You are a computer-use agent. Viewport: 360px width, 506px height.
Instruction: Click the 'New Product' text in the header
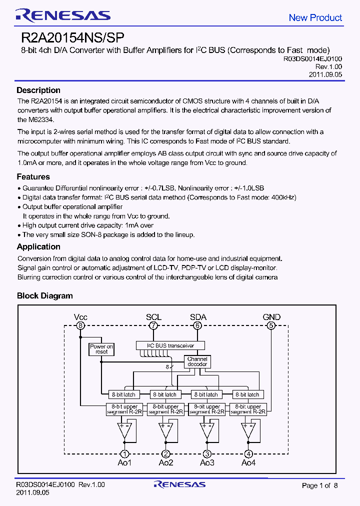click(315, 17)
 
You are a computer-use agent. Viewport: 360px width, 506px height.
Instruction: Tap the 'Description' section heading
click(38, 90)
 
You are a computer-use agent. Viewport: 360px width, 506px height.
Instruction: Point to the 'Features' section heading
click(33, 176)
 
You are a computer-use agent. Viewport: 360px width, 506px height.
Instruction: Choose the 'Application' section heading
click(38, 246)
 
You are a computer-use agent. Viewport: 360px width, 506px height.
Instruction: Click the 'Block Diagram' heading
click(44, 295)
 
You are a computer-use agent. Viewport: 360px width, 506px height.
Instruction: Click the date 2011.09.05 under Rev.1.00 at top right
click(325, 74)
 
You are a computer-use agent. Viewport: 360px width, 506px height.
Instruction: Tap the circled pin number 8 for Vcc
click(80, 325)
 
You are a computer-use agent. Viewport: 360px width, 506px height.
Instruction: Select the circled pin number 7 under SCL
click(153, 325)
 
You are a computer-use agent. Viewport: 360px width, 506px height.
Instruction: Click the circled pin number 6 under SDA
click(198, 325)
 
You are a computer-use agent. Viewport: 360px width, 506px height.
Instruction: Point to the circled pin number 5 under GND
click(271, 325)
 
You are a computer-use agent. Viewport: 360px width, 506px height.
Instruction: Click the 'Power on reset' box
click(101, 349)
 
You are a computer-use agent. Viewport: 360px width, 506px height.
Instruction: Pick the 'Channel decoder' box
click(197, 361)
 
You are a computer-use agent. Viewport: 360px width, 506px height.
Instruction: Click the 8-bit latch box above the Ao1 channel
click(123, 394)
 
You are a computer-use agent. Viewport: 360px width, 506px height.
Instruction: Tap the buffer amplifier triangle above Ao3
click(207, 429)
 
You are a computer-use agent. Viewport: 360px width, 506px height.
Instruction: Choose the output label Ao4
click(248, 462)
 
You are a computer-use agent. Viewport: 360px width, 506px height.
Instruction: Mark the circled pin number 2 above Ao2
click(166, 453)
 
